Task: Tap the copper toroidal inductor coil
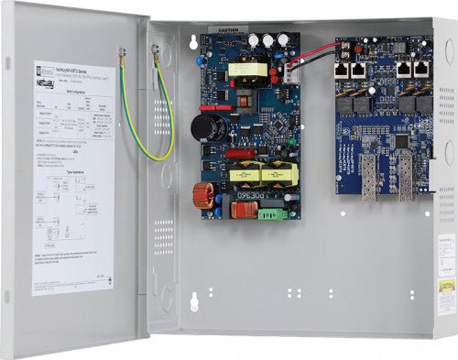[202, 194]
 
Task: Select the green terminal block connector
[273, 214]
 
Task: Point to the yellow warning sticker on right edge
[446, 286]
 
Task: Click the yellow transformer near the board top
[247, 69]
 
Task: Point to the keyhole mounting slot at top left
[194, 42]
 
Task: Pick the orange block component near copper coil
[243, 210]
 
